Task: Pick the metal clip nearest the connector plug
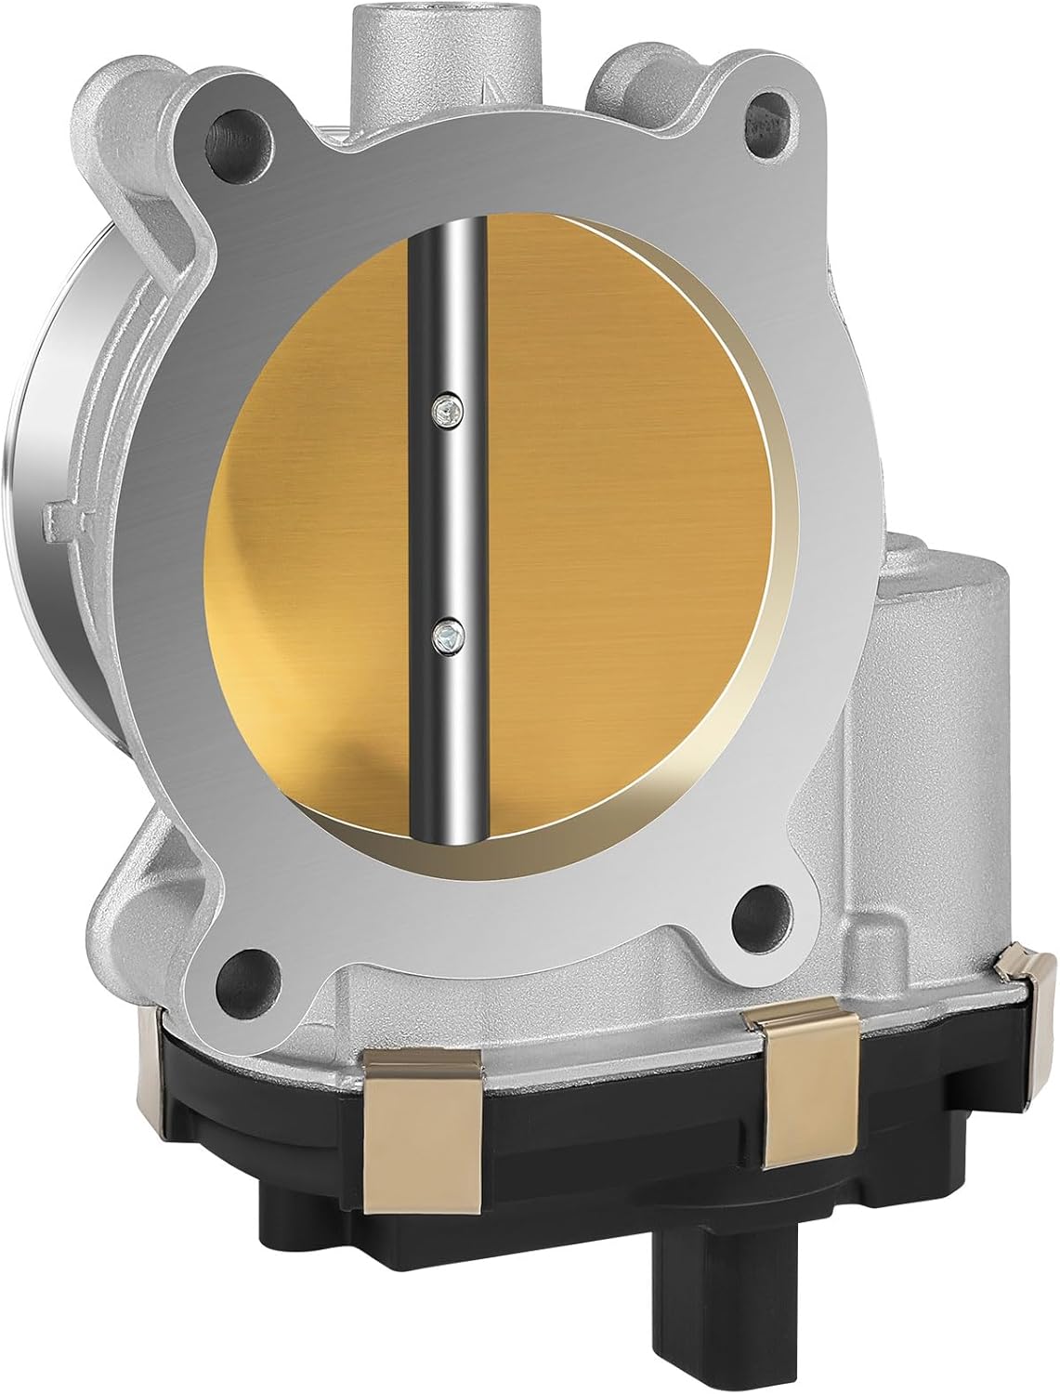796,1087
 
